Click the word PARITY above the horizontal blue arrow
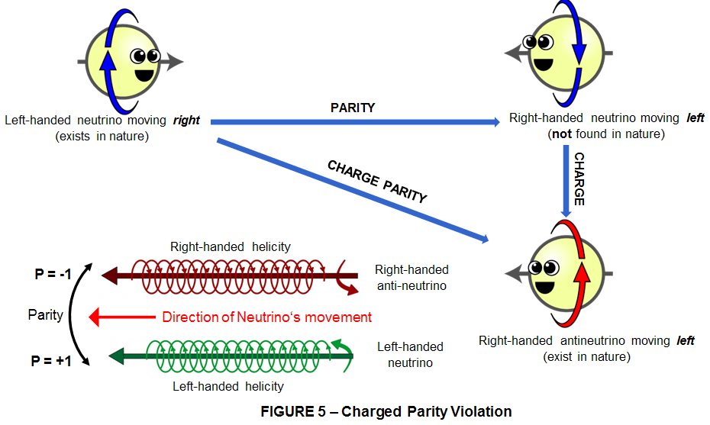coord(352,108)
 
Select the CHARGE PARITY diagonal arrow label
coord(376,182)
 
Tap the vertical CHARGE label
coord(579,179)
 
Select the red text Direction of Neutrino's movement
coord(266,317)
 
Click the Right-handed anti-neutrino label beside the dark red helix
coord(411,278)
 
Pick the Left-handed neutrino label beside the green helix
coord(410,355)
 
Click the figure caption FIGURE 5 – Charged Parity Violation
coord(386,411)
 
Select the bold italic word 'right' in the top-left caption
coord(189,121)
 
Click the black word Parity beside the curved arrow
coord(45,315)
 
